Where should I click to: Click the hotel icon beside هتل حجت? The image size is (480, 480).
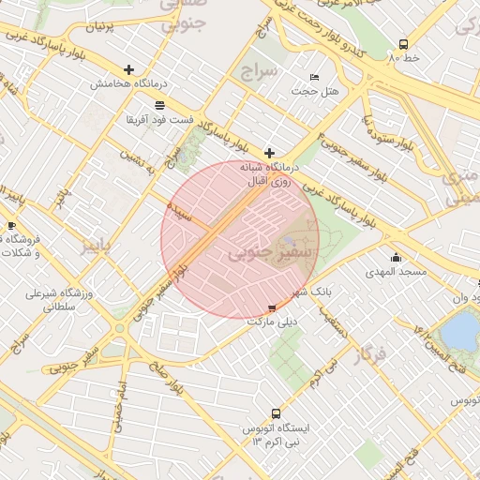(x=314, y=77)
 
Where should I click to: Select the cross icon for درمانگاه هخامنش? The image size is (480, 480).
(x=128, y=69)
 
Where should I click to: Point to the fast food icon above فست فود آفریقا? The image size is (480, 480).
(x=158, y=105)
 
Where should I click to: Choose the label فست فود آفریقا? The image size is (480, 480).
(x=157, y=120)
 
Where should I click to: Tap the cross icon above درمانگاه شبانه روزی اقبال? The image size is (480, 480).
(x=269, y=152)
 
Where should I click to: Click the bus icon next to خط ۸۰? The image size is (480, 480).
(x=403, y=44)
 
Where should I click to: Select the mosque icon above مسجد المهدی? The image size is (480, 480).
(x=396, y=258)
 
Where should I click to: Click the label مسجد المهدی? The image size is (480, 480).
(x=396, y=272)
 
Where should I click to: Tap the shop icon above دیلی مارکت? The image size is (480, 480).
(x=272, y=307)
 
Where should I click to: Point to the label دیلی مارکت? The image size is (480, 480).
(x=272, y=322)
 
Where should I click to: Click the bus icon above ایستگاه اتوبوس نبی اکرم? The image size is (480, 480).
(x=276, y=413)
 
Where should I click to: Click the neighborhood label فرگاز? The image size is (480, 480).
(x=370, y=355)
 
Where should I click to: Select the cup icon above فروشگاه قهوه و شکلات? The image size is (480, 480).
(x=12, y=226)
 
